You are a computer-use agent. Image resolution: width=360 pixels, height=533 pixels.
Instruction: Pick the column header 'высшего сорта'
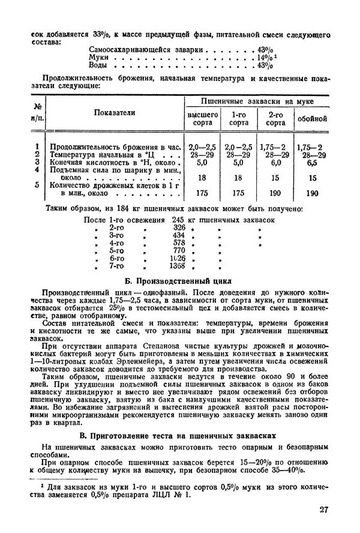click(203, 118)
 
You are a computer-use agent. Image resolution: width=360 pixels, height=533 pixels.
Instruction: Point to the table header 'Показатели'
click(115, 112)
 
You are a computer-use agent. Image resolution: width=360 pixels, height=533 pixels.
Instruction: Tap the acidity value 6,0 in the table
click(275, 162)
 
